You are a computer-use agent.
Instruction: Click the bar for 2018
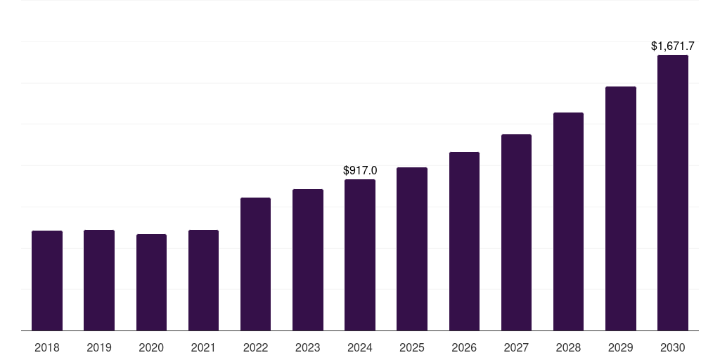coord(47,281)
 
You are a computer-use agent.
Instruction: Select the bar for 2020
coord(151,282)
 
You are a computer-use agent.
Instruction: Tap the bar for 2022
coord(255,264)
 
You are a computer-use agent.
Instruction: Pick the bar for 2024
coord(360,255)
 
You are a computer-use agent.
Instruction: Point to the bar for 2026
coord(464,241)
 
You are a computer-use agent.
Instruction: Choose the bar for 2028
coord(568,221)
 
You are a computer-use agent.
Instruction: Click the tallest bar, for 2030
coord(673,193)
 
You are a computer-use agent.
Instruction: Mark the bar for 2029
coord(621,208)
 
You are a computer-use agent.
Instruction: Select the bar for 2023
coord(308,259)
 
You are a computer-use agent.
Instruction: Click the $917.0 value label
coord(360,170)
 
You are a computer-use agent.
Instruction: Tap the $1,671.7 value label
coord(673,46)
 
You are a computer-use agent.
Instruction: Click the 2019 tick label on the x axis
coord(99,347)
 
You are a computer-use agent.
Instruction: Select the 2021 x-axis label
coord(203,347)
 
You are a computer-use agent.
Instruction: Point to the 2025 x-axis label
coord(412,347)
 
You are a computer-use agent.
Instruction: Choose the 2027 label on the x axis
coord(516,347)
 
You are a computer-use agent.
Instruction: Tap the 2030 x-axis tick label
coord(673,347)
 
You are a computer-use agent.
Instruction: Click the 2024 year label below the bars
coord(360,347)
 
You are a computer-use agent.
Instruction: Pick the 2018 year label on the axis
coord(47,347)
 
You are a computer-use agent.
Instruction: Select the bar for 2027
coord(516,232)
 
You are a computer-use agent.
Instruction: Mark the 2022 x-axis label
coord(255,347)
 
